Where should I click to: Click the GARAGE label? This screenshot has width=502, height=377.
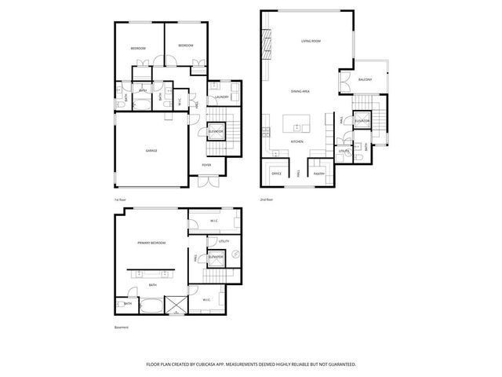(151, 149)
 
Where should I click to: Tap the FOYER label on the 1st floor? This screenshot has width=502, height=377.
(206, 165)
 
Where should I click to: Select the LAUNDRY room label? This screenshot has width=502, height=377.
(220, 97)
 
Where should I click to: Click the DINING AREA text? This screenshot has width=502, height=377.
(300, 92)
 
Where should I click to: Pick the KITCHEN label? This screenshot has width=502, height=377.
(297, 141)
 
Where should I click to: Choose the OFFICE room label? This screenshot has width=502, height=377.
(276, 173)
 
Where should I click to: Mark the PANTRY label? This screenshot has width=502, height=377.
(320, 173)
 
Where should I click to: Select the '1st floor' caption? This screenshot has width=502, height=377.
(120, 199)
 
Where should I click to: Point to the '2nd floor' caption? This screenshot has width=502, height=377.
(267, 199)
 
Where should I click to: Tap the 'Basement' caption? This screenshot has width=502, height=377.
(122, 328)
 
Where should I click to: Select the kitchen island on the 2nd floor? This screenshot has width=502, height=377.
(297, 123)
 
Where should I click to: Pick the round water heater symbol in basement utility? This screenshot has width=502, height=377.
(234, 252)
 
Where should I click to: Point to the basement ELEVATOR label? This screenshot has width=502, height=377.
(216, 257)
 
